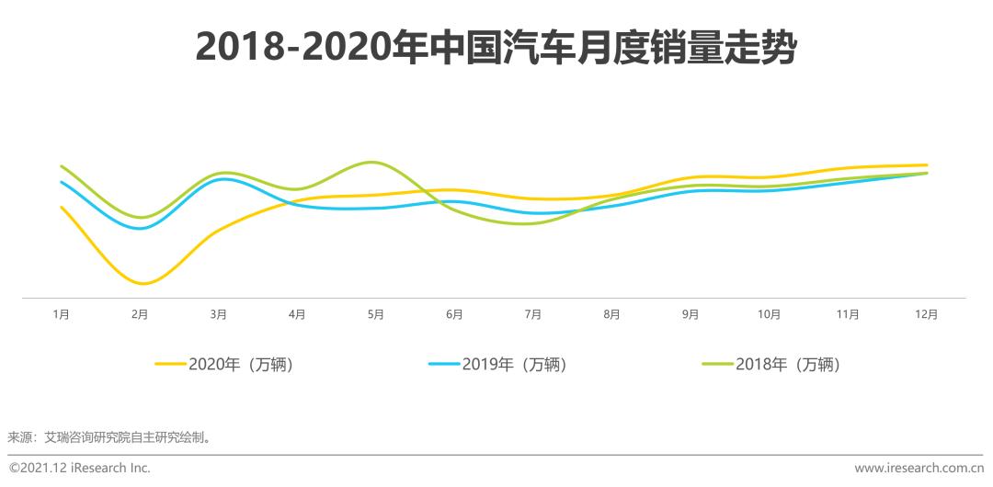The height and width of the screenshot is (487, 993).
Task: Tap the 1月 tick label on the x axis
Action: point(61,314)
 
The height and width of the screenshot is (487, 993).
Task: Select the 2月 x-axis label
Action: point(140,314)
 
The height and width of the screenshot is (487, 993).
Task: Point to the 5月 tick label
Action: point(375,314)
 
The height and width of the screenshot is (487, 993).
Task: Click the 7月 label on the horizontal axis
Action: point(532,314)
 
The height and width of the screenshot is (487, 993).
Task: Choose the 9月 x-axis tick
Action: point(691,314)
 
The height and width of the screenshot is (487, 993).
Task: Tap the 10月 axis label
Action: point(769,314)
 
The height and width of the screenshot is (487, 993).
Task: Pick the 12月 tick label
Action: point(927,314)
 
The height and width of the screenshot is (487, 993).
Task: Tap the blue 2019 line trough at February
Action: point(139,228)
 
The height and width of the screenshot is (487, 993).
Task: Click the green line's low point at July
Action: point(525,223)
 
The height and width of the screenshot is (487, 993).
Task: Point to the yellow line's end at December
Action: point(927,165)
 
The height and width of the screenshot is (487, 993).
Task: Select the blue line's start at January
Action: point(61,182)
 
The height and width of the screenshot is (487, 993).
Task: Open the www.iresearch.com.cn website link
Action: point(919,468)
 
